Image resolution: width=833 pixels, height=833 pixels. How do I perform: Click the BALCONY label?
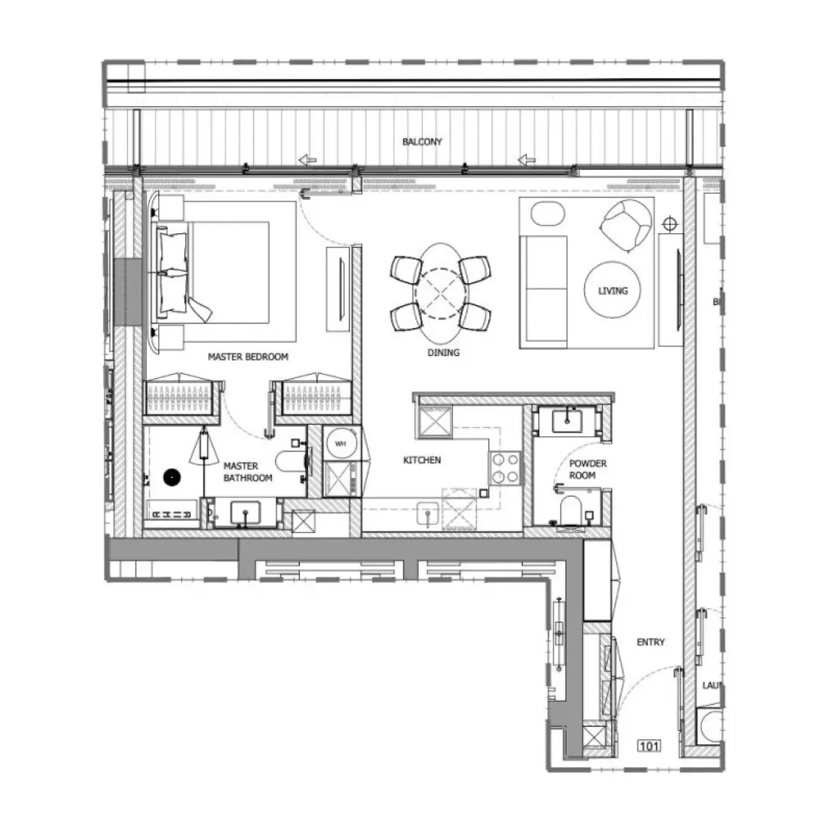pyautogui.click(x=422, y=142)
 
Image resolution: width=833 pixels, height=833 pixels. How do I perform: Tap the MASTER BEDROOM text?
pyautogui.click(x=248, y=357)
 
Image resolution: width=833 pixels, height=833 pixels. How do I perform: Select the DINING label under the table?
pyautogui.click(x=443, y=352)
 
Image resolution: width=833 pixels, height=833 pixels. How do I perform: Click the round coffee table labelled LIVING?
pyautogui.click(x=612, y=290)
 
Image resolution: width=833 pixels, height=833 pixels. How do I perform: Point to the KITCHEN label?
pyautogui.click(x=422, y=460)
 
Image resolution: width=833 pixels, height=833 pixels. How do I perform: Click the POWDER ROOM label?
pyautogui.click(x=588, y=470)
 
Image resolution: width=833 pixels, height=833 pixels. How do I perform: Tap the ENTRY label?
pyautogui.click(x=650, y=642)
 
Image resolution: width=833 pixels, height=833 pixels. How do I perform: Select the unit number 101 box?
pyautogui.click(x=649, y=747)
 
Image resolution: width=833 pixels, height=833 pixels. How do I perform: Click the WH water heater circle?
pyautogui.click(x=340, y=444)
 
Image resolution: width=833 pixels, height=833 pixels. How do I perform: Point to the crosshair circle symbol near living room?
pyautogui.click(x=669, y=224)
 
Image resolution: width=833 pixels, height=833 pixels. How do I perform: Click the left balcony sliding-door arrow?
pyautogui.click(x=307, y=160)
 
